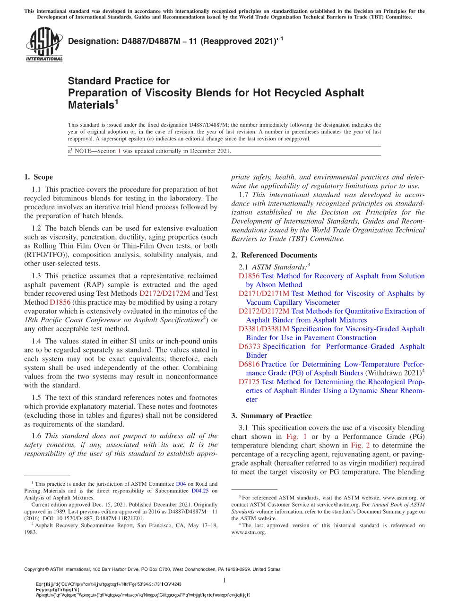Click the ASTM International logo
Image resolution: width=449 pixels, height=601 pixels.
44,44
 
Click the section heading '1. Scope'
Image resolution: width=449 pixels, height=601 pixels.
38,177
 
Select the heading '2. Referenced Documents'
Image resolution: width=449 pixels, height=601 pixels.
274,255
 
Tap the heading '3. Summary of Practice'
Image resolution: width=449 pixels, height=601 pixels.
271,416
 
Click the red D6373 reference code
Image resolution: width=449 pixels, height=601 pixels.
250,346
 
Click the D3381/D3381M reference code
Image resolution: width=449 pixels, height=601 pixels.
264,329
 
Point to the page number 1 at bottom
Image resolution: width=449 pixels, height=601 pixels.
224,580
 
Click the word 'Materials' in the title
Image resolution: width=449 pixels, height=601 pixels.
90,105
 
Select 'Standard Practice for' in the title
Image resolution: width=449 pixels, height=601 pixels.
119,81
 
